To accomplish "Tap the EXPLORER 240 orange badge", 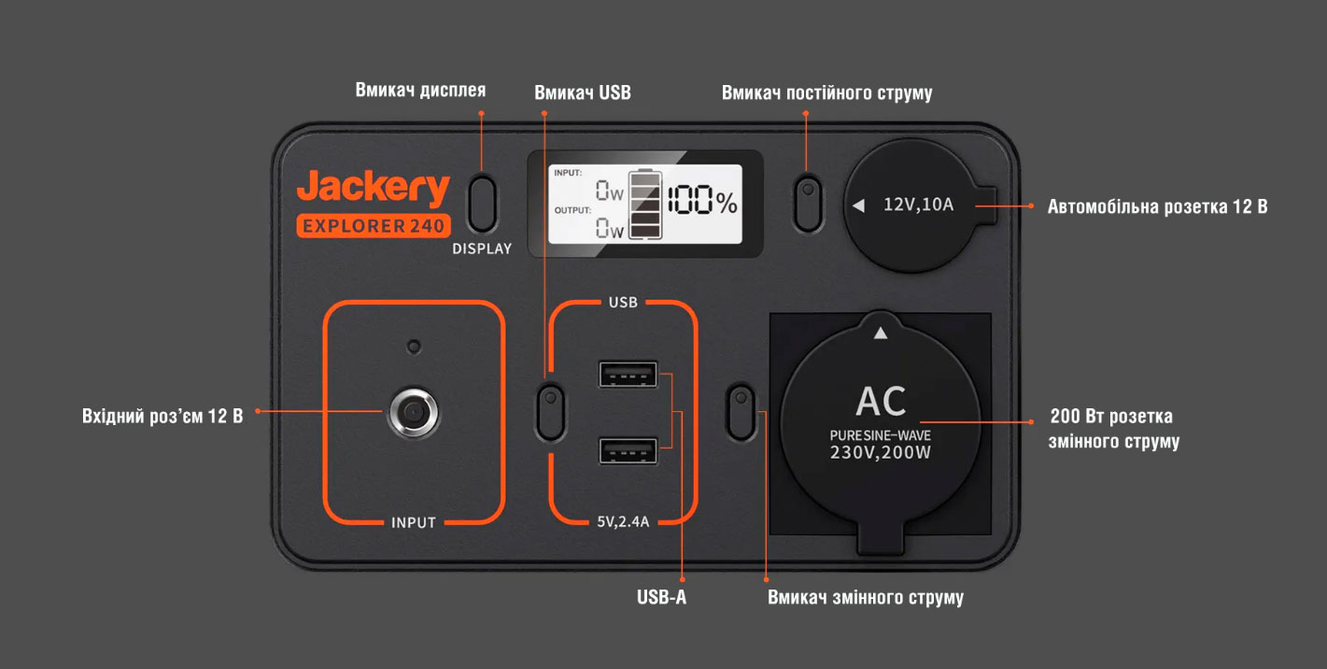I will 374,226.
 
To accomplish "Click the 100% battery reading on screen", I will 701,200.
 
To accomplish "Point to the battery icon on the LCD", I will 643,205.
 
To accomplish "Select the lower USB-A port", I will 628,450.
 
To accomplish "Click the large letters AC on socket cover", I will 881,402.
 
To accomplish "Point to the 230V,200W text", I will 881,452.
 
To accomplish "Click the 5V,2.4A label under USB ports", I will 623,521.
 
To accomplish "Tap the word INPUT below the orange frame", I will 414,522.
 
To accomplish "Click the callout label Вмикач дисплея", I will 420,91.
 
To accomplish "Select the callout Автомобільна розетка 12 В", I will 1157,206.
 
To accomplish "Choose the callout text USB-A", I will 661,597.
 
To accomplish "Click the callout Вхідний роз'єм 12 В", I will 162,416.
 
